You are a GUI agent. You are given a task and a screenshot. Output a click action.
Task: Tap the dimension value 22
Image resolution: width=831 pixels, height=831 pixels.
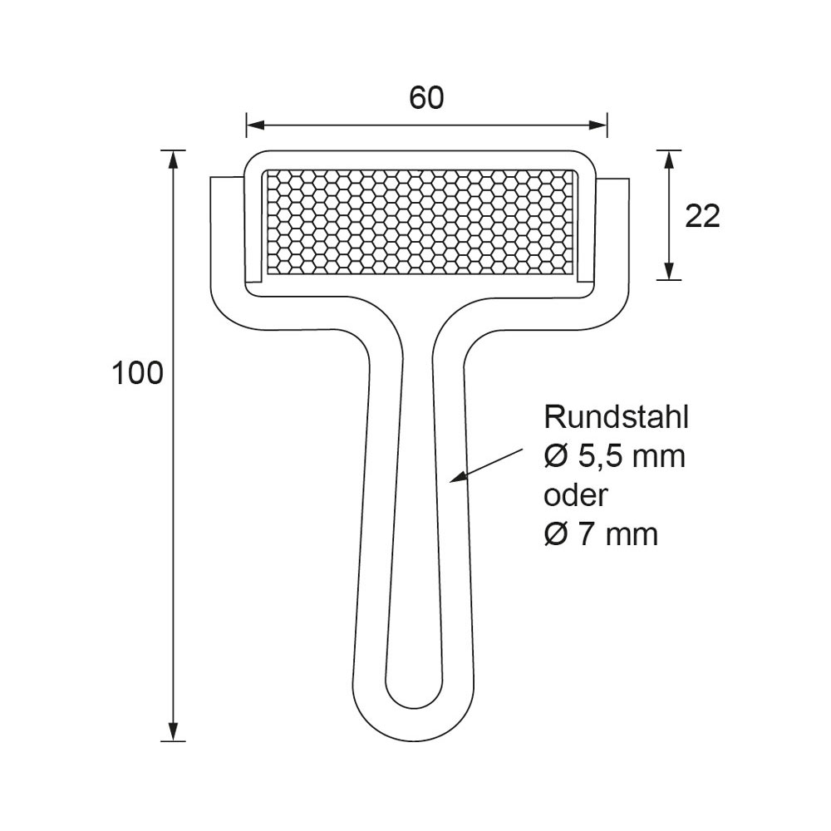[x=702, y=216]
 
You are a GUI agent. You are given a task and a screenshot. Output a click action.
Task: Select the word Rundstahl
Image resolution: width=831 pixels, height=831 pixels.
[x=617, y=417]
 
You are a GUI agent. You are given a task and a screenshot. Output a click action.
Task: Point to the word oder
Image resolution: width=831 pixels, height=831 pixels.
[x=576, y=494]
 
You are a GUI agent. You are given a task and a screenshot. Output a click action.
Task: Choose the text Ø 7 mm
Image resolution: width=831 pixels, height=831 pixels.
[x=601, y=534]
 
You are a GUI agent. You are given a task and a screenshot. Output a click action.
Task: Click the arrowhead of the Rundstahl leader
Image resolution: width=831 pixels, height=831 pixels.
[x=457, y=477]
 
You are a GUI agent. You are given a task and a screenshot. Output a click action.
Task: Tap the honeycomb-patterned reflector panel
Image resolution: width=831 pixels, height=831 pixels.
[x=420, y=223]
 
